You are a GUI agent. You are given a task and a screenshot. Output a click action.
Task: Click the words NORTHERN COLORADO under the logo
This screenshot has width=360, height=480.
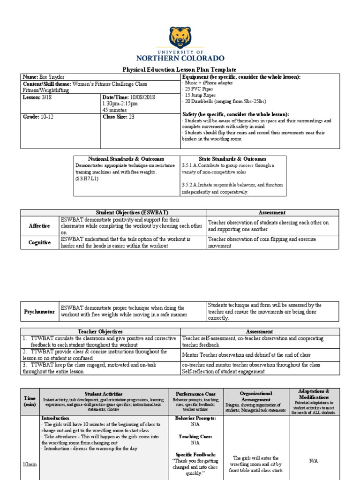(x=180, y=59)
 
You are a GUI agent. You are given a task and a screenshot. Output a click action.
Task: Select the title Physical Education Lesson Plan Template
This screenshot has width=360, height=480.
(x=180, y=69)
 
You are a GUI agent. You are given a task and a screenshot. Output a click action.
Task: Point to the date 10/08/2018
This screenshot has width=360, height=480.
(x=142, y=97)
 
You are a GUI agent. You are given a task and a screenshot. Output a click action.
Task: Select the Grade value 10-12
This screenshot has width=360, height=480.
(x=46, y=117)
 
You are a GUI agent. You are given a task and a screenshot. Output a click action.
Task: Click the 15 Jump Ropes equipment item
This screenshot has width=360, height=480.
(x=200, y=95)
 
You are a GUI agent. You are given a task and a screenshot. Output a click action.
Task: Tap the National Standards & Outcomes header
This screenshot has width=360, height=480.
(x=126, y=159)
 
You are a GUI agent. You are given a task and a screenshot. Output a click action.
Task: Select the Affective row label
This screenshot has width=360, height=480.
(x=40, y=226)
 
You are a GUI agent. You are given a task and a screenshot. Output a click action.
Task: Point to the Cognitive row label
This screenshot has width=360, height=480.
(x=40, y=242)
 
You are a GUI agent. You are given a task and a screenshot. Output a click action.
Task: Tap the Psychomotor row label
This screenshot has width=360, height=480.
(x=40, y=312)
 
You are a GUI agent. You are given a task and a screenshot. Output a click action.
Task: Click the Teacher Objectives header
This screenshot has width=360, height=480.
(x=100, y=331)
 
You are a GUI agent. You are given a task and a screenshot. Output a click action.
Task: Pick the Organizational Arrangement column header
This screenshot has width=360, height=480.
(x=255, y=397)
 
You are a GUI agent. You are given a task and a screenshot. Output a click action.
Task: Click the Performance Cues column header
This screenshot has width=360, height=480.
(x=195, y=394)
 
